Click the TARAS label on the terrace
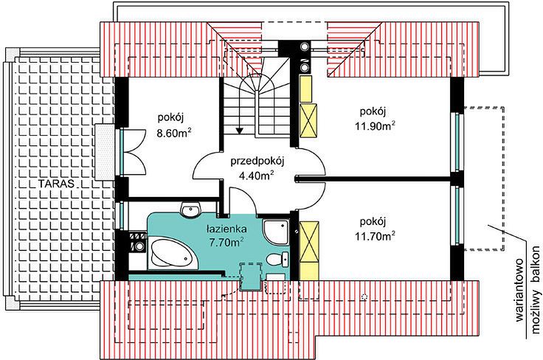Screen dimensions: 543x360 pos(56,184)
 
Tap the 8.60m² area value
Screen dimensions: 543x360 pos(174,133)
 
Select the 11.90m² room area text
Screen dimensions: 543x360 pos(375,125)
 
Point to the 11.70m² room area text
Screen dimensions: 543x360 pos(375,236)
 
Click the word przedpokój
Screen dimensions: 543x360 pos(257,162)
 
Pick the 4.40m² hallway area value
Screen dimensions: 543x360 pos(257,176)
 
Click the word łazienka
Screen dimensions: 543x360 pos(226,229)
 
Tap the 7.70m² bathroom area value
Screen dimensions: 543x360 pos(226,242)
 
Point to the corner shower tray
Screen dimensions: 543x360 pos(276,232)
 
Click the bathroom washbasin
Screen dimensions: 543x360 pos(191,210)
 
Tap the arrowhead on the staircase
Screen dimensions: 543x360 pos(239,131)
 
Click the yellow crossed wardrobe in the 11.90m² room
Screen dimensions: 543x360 pos(308,120)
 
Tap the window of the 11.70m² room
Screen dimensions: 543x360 pos(457,215)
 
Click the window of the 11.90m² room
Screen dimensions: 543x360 pos(457,142)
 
